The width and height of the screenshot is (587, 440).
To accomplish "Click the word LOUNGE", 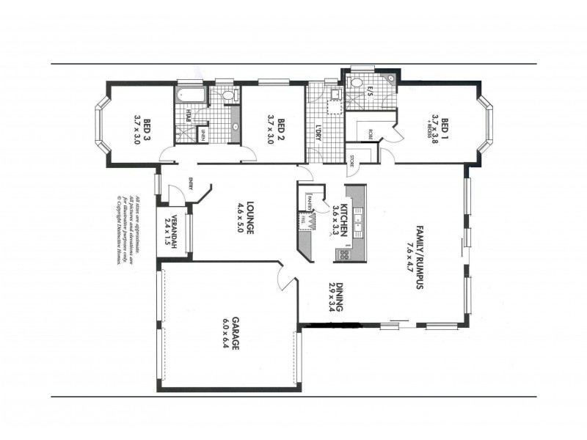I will coord(250,217).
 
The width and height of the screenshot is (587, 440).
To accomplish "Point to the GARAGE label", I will coord(237,334).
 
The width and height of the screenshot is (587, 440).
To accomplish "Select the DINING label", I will coord(339,296).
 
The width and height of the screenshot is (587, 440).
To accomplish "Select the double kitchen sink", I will coord(359,219).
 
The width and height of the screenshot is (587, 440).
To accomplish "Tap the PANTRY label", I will coord(310,202).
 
